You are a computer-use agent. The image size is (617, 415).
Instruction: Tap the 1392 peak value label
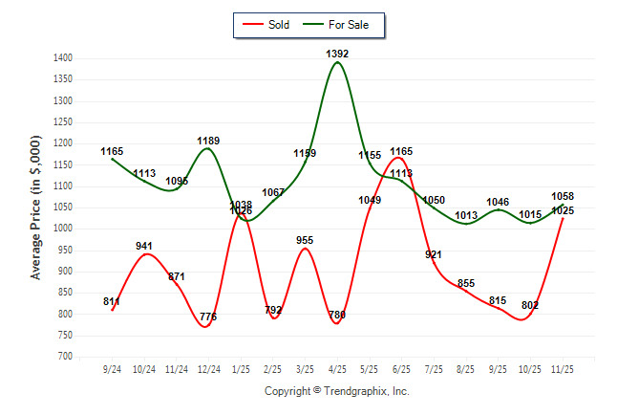click(337, 55)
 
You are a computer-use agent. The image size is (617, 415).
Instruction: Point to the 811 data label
click(112, 302)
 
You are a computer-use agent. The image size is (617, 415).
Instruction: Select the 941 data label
click(144, 246)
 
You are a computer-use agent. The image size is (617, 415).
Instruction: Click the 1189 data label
click(208, 141)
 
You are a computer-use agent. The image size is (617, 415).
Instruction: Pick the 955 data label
click(305, 240)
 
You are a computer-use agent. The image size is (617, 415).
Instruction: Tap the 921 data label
click(434, 254)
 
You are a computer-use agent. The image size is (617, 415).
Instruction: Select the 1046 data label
click(498, 202)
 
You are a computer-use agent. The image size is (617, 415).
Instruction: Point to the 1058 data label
click(563, 196)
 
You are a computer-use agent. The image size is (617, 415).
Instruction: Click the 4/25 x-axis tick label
click(337, 368)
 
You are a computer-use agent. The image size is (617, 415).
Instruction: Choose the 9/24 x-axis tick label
click(112, 368)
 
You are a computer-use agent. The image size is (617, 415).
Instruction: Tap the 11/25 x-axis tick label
click(563, 368)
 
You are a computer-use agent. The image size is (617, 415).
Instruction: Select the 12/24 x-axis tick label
click(208, 368)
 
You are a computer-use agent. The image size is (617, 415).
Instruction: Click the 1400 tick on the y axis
click(62, 58)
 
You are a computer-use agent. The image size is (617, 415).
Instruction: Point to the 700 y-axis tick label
click(65, 357)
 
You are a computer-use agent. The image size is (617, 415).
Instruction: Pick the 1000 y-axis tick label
click(62, 229)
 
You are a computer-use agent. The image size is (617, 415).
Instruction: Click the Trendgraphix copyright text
click(336, 391)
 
